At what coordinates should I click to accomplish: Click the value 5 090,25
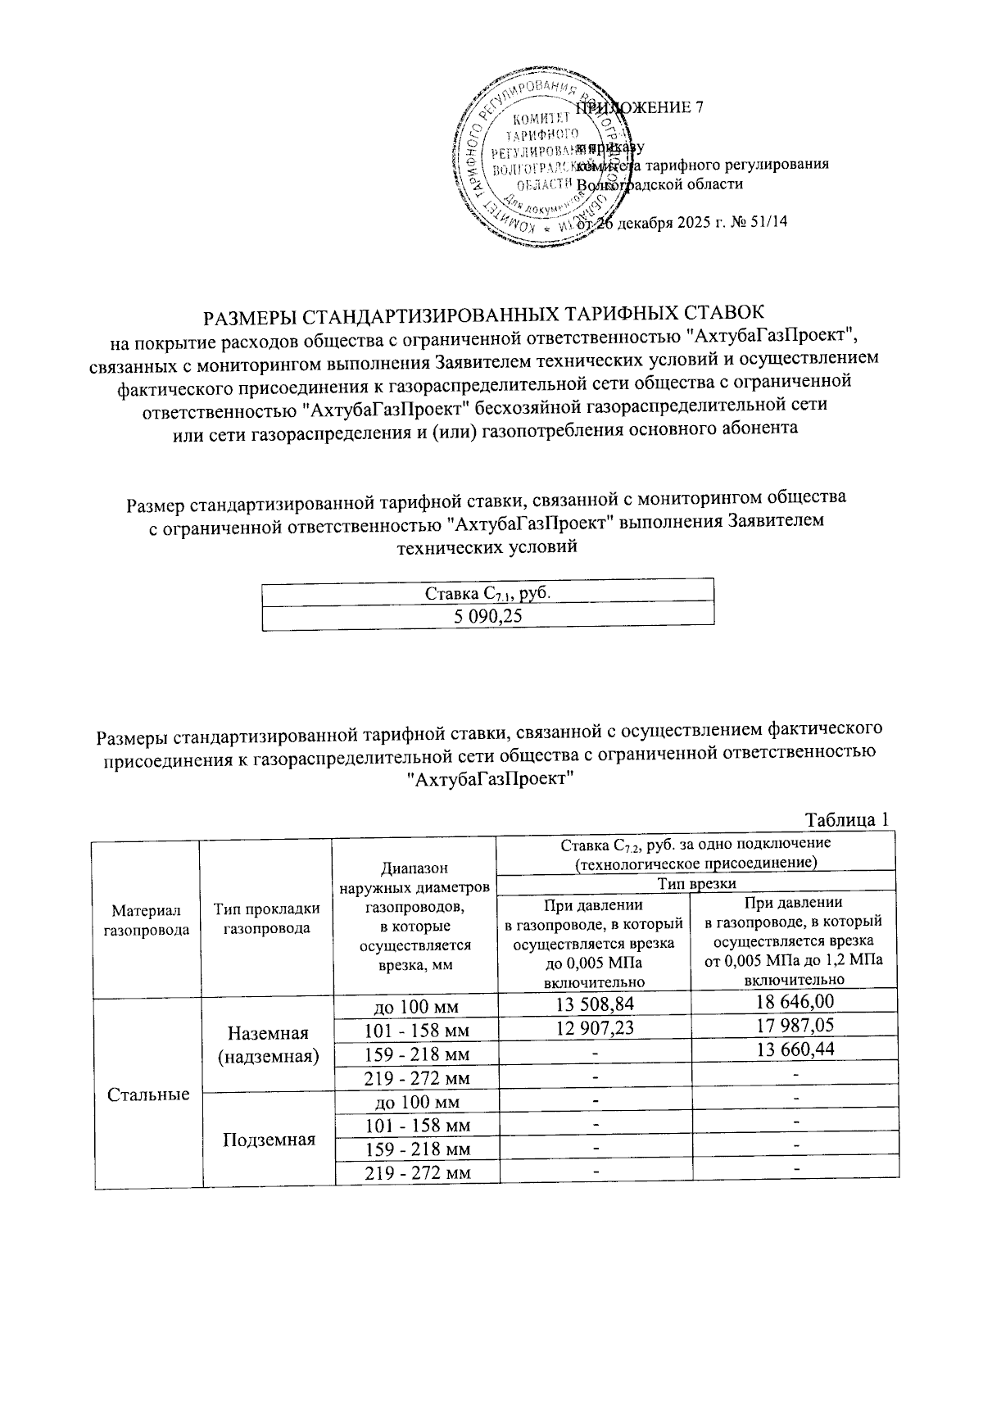[x=488, y=617]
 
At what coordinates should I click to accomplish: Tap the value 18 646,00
[x=795, y=1001]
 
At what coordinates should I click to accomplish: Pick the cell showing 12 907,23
[x=595, y=1027]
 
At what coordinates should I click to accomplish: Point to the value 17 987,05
[x=795, y=1025]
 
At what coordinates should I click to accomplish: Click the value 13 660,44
[x=795, y=1049]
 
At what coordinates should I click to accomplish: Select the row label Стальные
[x=148, y=1095]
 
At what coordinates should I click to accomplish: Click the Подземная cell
[x=269, y=1140]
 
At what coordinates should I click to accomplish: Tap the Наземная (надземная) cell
[x=269, y=1045]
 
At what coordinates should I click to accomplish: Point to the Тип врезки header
[x=697, y=883]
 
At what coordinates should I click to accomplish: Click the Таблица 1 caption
[x=847, y=819]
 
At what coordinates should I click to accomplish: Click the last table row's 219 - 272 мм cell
[x=417, y=1174]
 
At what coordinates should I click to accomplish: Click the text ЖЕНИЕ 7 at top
[x=664, y=107]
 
